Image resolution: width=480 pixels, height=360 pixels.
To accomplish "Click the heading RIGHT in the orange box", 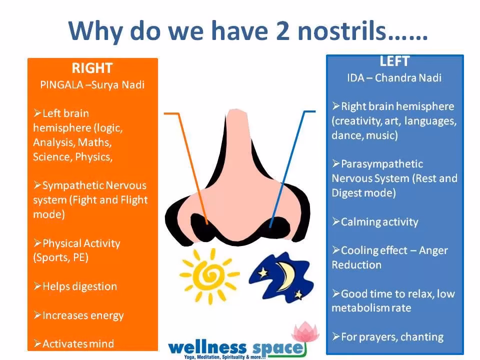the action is pos(92,68).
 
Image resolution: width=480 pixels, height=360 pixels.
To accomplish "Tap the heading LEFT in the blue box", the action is pos(394,61).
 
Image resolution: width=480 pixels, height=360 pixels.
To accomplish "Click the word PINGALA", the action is pos(61,85).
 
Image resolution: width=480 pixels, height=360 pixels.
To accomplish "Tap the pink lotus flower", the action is pos(305,331).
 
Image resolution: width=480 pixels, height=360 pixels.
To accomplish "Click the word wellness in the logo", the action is pos(207,348).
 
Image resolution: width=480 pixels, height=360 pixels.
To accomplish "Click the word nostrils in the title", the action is pos(341,30).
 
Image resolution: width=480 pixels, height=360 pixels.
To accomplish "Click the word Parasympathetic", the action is pos(381,164).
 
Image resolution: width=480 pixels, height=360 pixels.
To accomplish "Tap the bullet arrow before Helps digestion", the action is pos(37,286).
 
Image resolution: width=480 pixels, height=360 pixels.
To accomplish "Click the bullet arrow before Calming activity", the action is pos(336,221).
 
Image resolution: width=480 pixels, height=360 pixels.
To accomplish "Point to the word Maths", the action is pos(94,142).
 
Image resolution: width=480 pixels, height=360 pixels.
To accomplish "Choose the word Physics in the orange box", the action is pos(93,157).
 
